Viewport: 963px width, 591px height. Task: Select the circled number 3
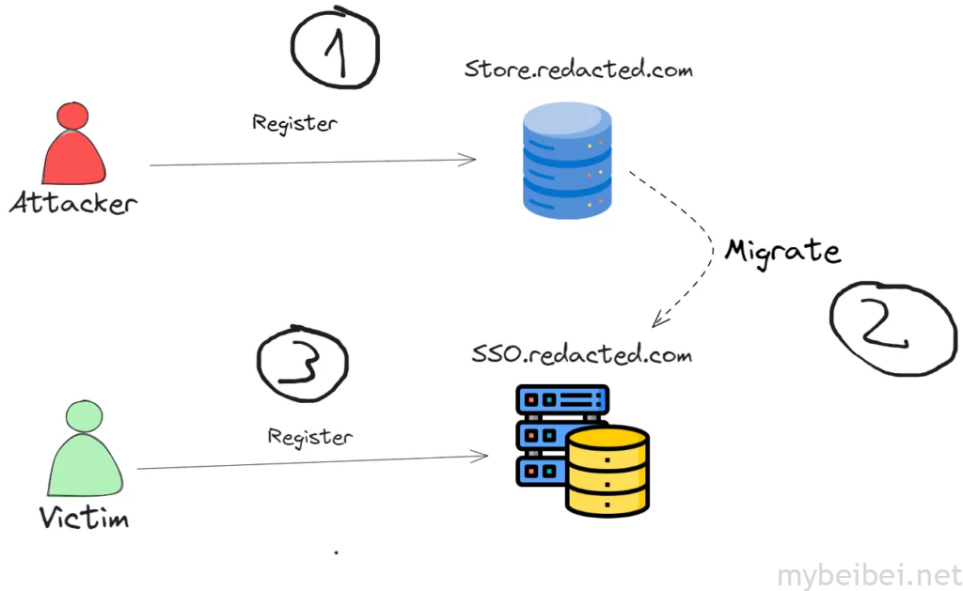coord(301,365)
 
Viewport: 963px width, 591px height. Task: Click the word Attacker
coord(73,202)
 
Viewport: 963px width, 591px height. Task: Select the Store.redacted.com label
coord(578,70)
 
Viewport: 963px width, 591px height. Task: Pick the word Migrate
coord(781,251)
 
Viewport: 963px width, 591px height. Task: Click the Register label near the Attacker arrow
coord(294,122)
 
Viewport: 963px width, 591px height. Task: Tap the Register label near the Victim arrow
coord(310,437)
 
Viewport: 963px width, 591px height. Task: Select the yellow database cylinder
coord(607,470)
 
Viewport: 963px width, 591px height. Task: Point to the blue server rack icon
coord(560,432)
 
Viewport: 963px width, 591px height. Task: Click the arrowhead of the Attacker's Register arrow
coord(471,160)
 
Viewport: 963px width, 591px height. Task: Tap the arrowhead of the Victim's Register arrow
coord(483,457)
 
